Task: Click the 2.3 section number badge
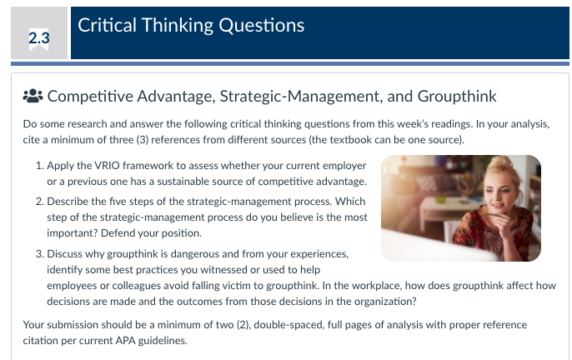coord(39,38)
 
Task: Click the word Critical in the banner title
coord(107,26)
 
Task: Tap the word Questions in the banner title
coord(261,26)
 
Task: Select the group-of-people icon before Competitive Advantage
coord(33,96)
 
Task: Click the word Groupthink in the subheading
coord(457,97)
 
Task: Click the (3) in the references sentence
coord(143,140)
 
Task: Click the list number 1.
coord(39,166)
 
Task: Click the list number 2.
coord(39,202)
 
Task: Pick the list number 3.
coord(39,254)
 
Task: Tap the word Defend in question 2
coord(114,233)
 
